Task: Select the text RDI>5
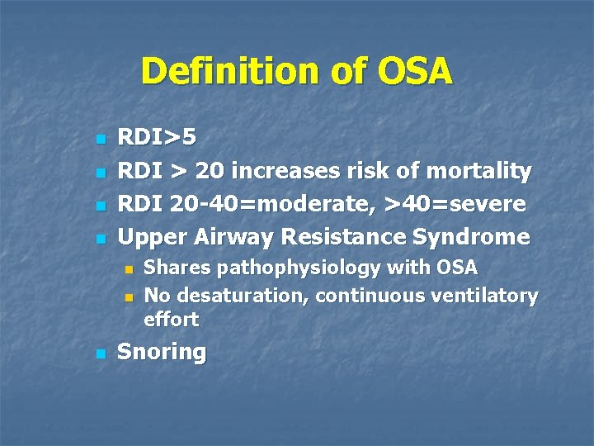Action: (x=158, y=137)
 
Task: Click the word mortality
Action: (x=478, y=171)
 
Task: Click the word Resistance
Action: (x=344, y=237)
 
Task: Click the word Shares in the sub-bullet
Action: (x=172, y=268)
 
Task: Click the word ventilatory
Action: (x=488, y=295)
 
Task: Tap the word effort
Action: (x=171, y=319)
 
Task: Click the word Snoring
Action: (x=162, y=353)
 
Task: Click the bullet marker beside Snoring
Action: (x=101, y=353)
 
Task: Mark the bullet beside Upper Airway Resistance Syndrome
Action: (x=101, y=239)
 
